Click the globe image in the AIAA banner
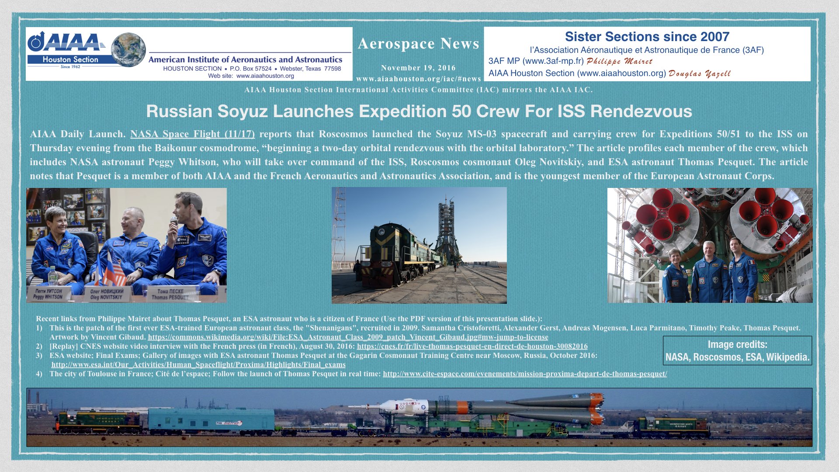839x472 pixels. pyautogui.click(x=128, y=49)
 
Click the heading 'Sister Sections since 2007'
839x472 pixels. pyautogui.click(x=647, y=37)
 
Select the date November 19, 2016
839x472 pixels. pyautogui.click(x=418, y=68)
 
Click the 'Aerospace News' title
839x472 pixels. pyautogui.click(x=419, y=44)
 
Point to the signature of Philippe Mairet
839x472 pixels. pyautogui.click(x=619, y=61)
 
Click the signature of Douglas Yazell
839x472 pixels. pyautogui.click(x=700, y=73)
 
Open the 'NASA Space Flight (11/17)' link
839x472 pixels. pyautogui.click(x=192, y=134)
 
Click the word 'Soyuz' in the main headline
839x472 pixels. pyautogui.click(x=242, y=111)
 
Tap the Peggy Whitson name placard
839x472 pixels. pyautogui.click(x=48, y=294)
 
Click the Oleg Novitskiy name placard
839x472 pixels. pyautogui.click(x=107, y=294)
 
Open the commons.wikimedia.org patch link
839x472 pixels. pyautogui.click(x=348, y=337)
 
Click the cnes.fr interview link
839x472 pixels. pyautogui.click(x=472, y=347)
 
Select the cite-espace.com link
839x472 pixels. pyautogui.click(x=525, y=374)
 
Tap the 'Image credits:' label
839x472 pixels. pyautogui.click(x=737, y=344)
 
